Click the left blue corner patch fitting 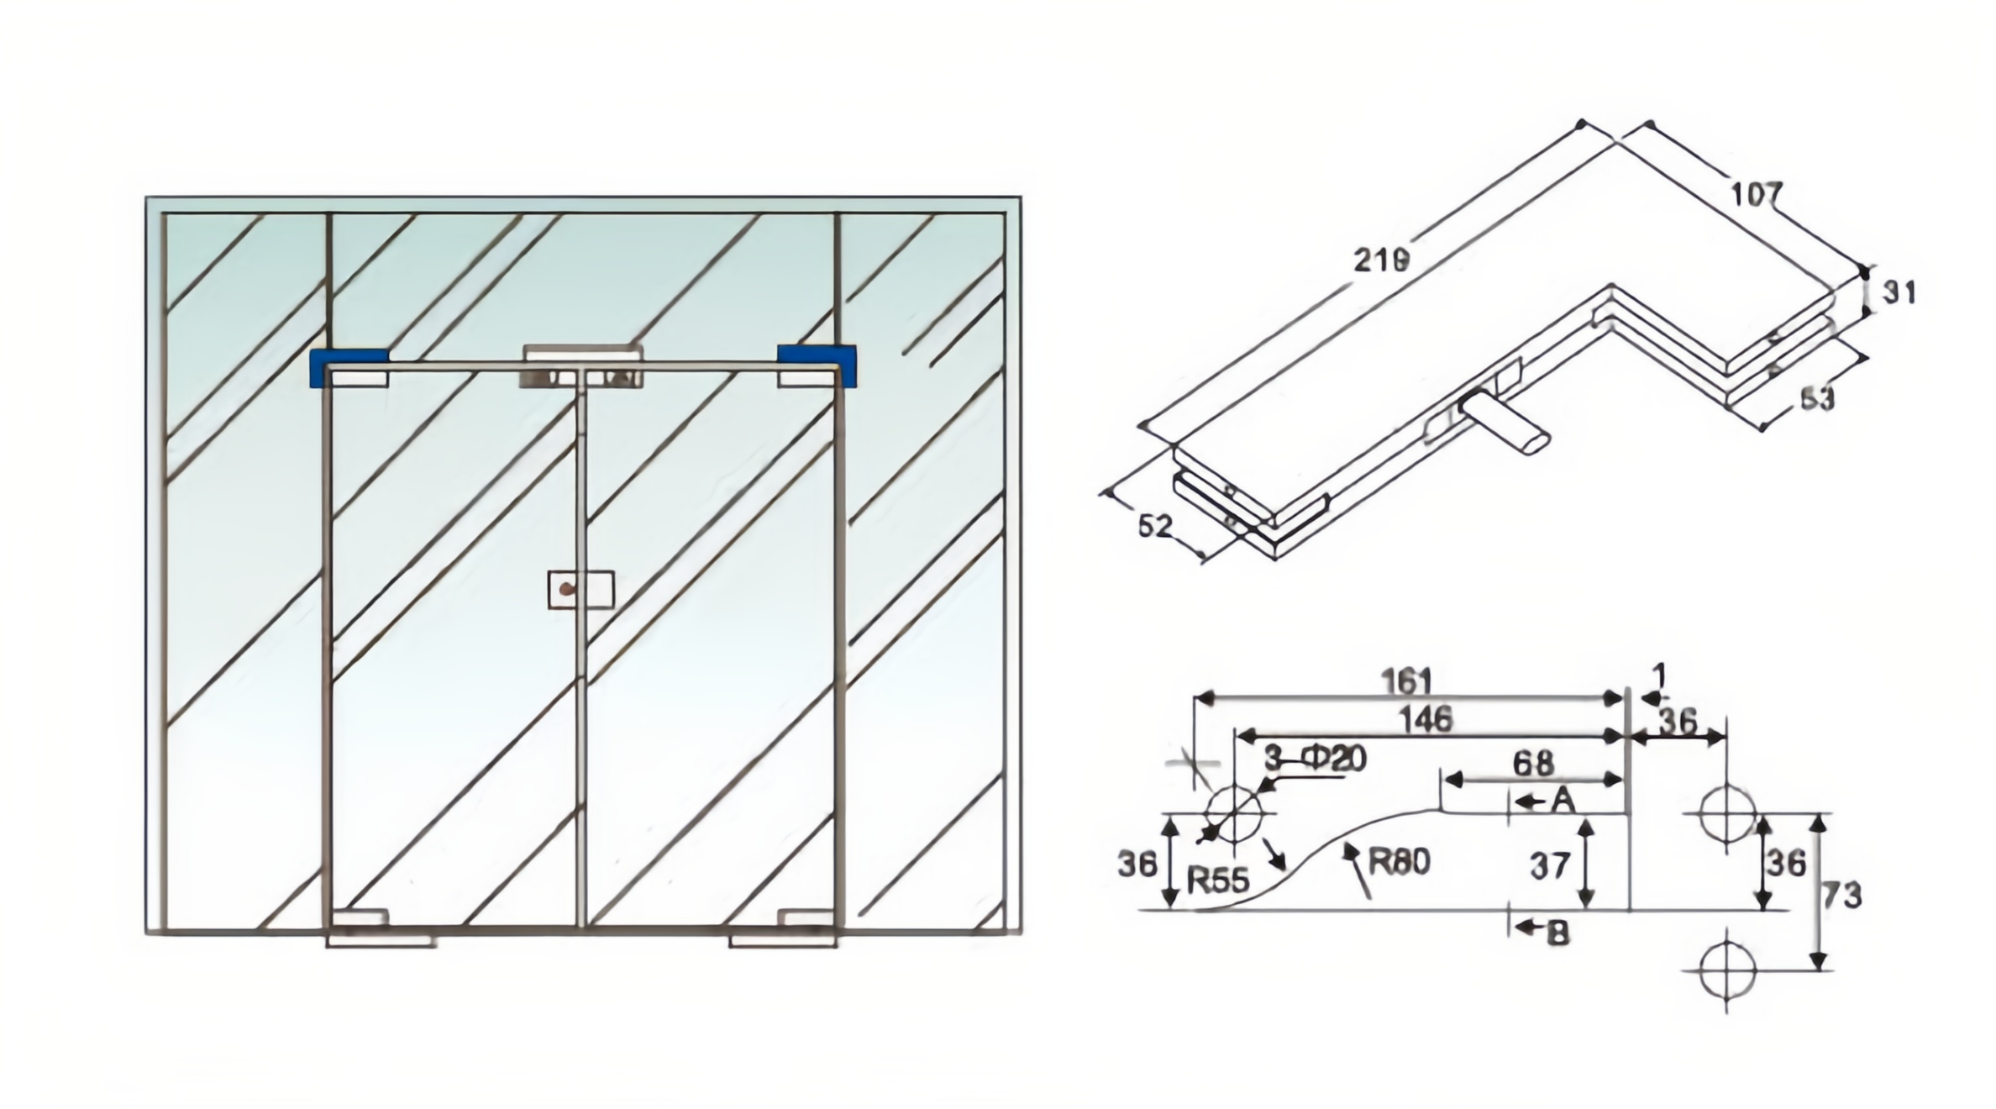pos(348,368)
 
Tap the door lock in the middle pos(580,590)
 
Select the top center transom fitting pos(581,367)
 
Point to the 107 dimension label pos(1756,195)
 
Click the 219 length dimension pos(1381,260)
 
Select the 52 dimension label pos(1154,526)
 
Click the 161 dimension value pos(1406,681)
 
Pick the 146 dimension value pos(1426,719)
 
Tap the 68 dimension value pos(1532,763)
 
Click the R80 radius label pos(1399,862)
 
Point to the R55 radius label pos(1217,880)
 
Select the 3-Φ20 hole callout pos(1316,759)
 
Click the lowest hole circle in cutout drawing pos(1727,970)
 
